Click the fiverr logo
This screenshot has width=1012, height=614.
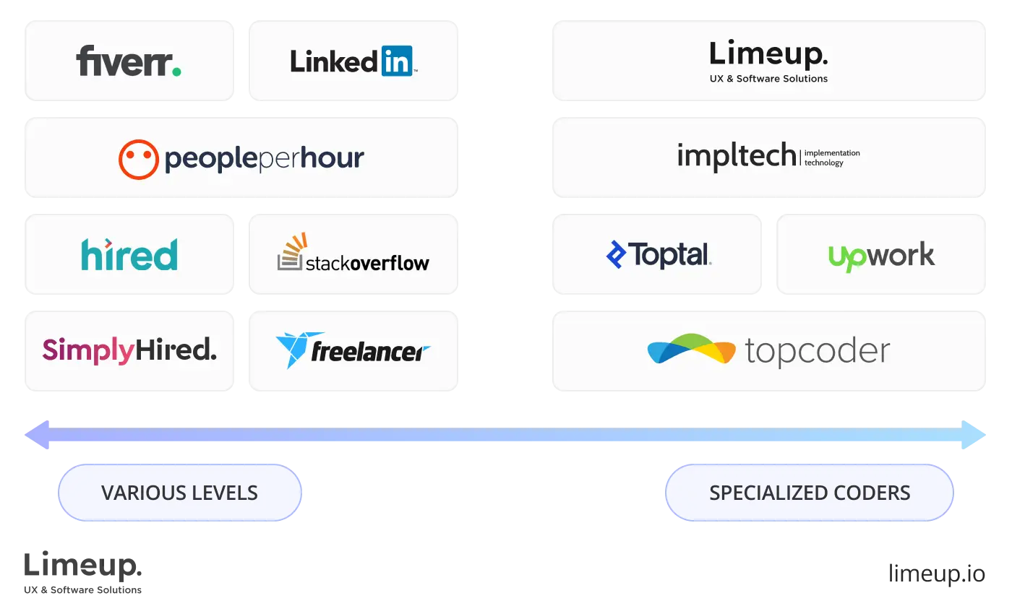[129, 61]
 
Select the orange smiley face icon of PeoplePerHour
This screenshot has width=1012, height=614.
[138, 159]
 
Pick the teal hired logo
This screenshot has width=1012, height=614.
[129, 254]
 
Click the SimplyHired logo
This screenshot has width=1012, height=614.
[129, 350]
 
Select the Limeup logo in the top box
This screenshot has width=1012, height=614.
[768, 55]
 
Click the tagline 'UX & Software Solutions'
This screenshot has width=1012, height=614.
[768, 79]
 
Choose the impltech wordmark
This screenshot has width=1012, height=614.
[736, 155]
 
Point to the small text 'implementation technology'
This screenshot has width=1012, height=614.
[832, 157]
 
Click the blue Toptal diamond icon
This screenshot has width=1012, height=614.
[615, 254]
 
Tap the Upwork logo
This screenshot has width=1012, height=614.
[881, 256]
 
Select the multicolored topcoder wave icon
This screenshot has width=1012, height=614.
[691, 350]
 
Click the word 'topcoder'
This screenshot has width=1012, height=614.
[817, 352]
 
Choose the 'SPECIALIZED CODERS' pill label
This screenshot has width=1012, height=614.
[810, 493]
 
